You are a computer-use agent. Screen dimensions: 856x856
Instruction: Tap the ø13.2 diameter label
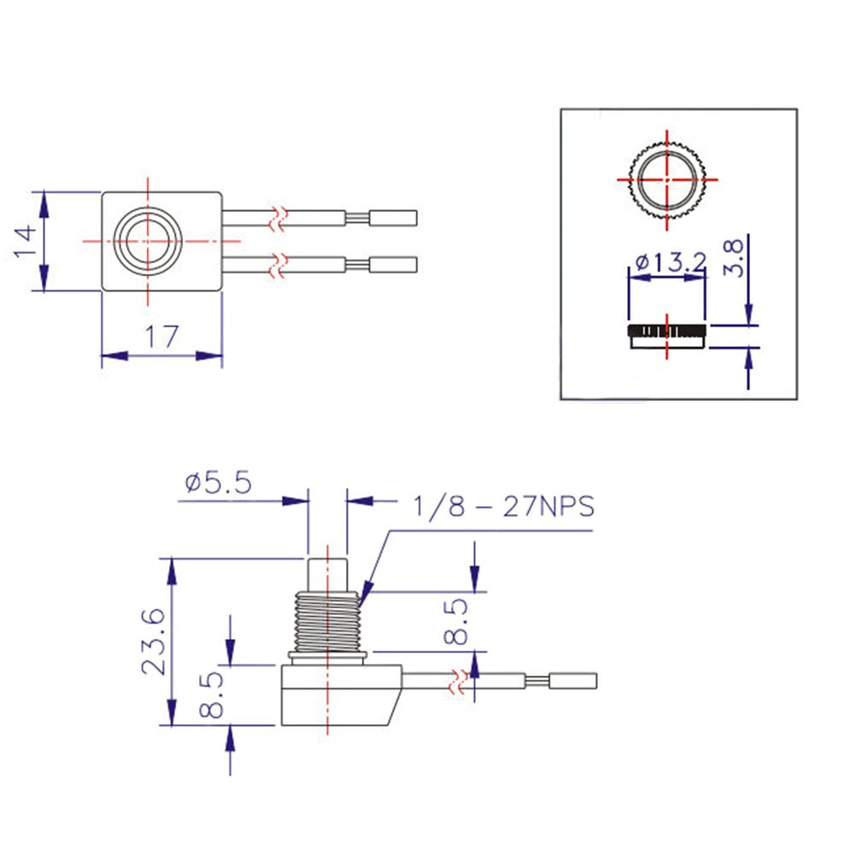[x=667, y=262]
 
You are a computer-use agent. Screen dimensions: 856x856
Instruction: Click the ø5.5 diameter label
[x=217, y=484]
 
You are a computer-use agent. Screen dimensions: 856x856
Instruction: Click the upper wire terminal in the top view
[x=393, y=218]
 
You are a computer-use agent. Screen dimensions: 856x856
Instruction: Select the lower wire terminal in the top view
[x=393, y=265]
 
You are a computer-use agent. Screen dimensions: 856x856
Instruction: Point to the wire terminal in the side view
[x=572, y=681]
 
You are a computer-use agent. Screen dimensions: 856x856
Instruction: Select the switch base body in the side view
[x=337, y=695]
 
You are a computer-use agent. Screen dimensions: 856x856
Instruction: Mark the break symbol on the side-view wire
[x=460, y=682]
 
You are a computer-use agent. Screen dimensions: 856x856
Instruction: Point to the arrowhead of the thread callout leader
[x=363, y=598]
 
